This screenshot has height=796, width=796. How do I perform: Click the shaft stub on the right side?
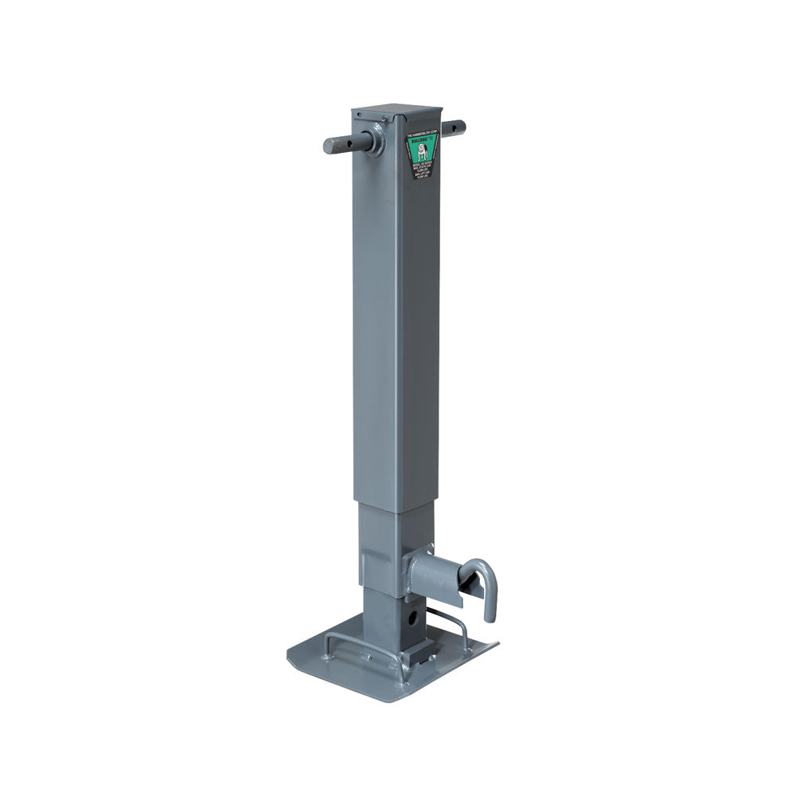(x=455, y=126)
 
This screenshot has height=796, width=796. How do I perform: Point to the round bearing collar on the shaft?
(x=373, y=139)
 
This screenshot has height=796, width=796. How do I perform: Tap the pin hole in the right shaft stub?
(x=451, y=126)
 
